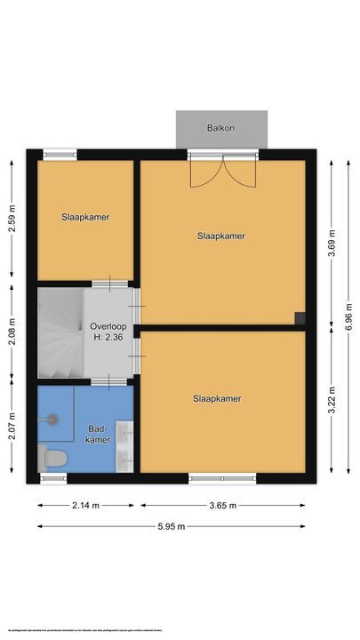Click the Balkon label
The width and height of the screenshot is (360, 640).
coord(221,128)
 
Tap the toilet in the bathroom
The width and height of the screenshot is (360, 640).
coord(53,459)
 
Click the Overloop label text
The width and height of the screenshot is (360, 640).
coord(108,326)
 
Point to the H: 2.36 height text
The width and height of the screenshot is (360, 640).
coord(108,338)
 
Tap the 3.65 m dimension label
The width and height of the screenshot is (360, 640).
coord(222,506)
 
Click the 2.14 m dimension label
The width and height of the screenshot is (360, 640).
coord(85,506)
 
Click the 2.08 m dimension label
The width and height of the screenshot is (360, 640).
coord(12,334)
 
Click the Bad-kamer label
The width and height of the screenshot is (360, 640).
coord(98,434)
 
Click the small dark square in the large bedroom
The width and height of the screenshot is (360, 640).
coord(300,318)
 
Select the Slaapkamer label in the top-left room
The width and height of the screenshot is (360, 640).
coord(85,217)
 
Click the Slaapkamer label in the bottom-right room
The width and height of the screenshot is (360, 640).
coord(217,399)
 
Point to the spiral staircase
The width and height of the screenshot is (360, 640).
coord(59,332)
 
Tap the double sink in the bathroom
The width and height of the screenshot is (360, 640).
coord(125,445)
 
